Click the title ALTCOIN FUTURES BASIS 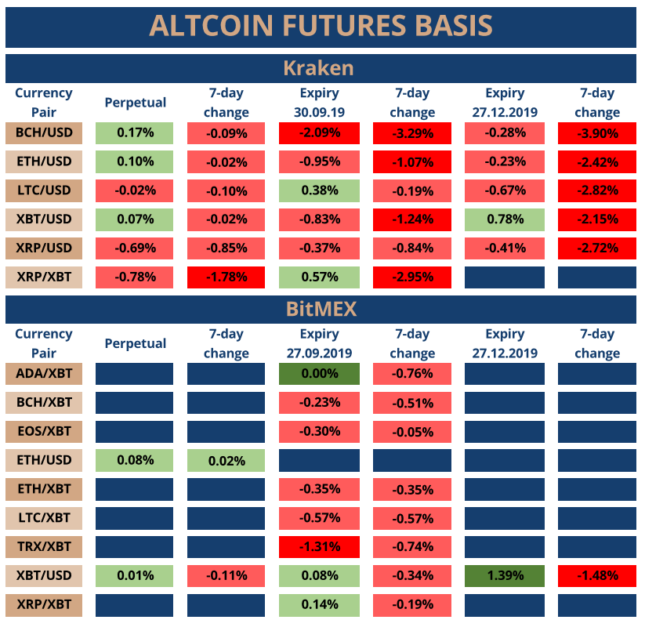(321, 25)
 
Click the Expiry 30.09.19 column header (319, 103)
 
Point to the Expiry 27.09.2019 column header (319, 343)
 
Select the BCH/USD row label (44, 132)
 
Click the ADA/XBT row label (44, 373)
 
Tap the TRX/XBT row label (44, 546)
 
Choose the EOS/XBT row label (44, 431)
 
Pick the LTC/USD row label (44, 190)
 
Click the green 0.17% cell (135, 133)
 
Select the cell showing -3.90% (596, 133)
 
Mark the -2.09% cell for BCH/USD (319, 133)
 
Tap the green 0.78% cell (504, 219)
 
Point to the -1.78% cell (226, 277)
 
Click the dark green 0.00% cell (319, 374)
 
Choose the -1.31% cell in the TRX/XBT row (319, 547)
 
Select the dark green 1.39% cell (504, 576)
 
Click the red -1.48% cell (596, 576)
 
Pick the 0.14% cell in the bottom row (319, 604)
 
